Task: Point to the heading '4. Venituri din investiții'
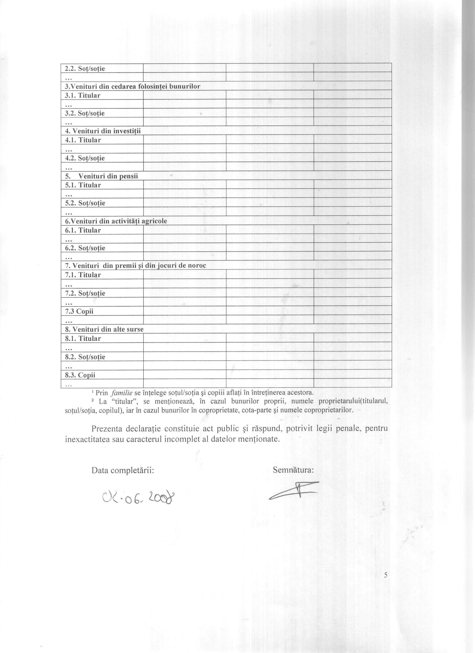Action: click(x=103, y=131)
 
